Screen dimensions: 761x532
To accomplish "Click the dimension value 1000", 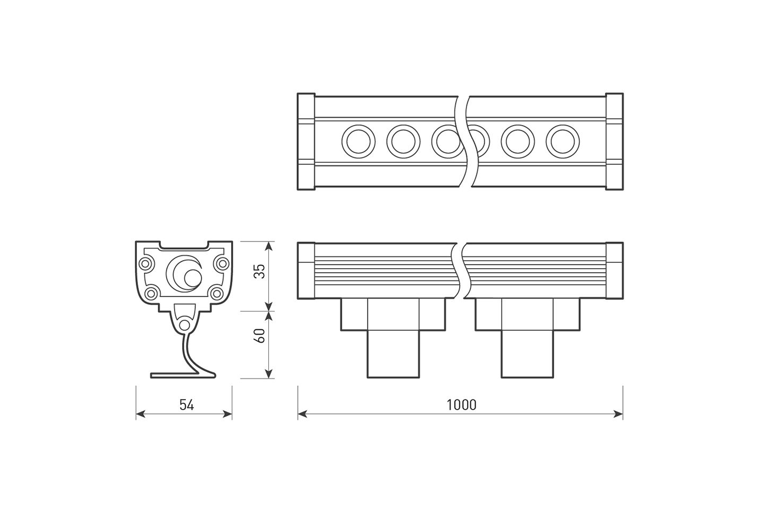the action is click(x=461, y=405).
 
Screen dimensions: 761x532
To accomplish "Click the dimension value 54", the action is click(x=186, y=405).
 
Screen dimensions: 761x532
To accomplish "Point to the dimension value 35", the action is click(x=259, y=271).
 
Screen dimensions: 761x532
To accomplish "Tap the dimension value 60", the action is click(x=259, y=336).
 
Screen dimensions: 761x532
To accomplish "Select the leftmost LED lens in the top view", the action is click(x=358, y=142).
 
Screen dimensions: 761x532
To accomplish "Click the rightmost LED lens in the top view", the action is click(x=562, y=142).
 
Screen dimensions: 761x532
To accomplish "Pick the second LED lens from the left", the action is click(x=403, y=142).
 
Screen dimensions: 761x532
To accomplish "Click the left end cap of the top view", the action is click(x=306, y=142).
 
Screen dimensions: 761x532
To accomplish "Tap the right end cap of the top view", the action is click(x=614, y=142).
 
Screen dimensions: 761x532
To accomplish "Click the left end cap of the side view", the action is click(x=306, y=271).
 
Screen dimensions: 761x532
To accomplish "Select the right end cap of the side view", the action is click(x=614, y=271).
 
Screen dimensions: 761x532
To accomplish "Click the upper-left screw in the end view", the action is click(x=146, y=263).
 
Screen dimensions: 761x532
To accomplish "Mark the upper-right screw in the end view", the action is click(x=223, y=263).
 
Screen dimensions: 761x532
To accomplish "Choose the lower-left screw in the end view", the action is click(x=152, y=293).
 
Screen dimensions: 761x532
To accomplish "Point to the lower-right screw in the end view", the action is click(x=216, y=293).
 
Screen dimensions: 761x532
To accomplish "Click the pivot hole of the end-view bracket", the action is click(x=184, y=325).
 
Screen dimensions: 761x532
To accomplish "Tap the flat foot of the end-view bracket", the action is click(x=177, y=376).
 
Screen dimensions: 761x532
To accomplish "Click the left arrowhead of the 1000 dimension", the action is click(x=302, y=414).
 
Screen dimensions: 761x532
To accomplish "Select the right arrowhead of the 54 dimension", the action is click(x=227, y=414).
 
